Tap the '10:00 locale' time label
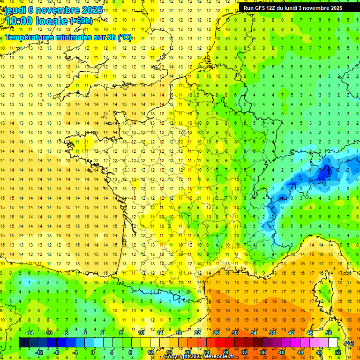[36, 21]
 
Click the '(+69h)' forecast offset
[81, 21]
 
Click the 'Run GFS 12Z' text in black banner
[260, 8]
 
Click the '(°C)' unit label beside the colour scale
[349, 343]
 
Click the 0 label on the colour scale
[93, 352]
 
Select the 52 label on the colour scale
[338, 352]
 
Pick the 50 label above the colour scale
[328, 333]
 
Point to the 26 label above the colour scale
[216, 333]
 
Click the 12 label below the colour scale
[150, 352]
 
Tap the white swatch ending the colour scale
[333, 343]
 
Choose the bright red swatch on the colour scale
[221, 343]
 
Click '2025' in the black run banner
[334, 8]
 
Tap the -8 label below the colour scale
[57, 352]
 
